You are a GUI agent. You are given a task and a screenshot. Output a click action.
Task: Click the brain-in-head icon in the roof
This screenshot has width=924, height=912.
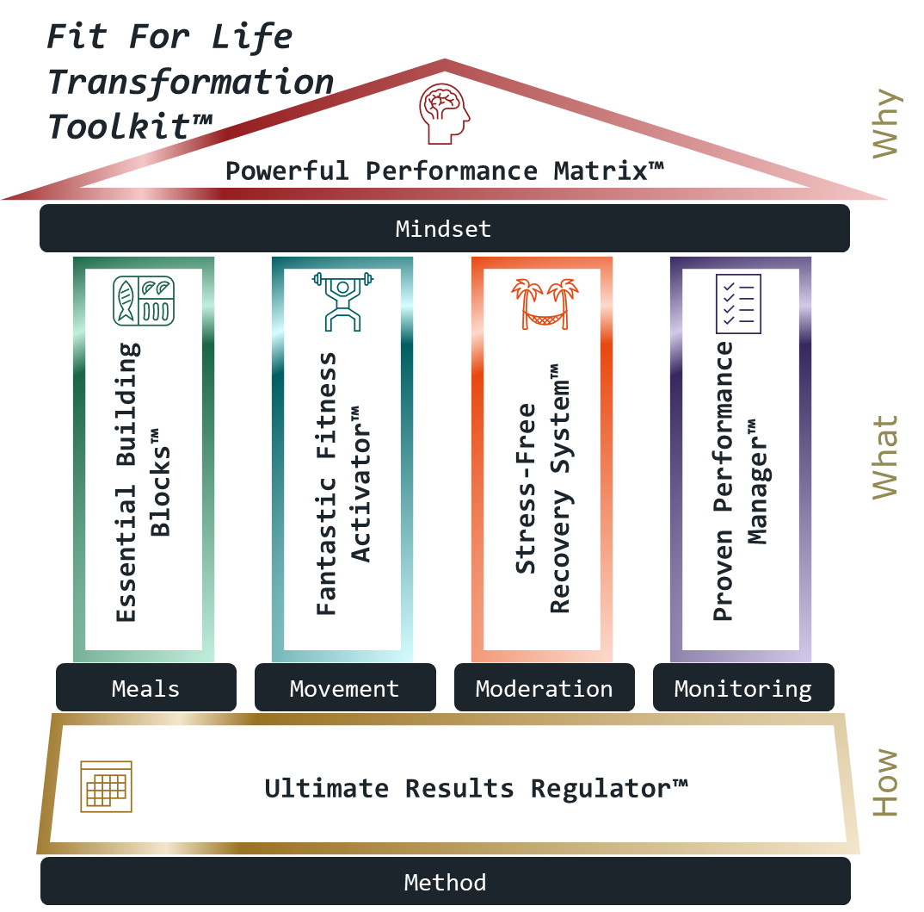(x=445, y=114)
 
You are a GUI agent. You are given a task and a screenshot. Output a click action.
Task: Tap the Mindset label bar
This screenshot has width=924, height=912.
(x=444, y=229)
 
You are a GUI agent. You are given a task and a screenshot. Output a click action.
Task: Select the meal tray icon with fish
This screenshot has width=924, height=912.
(x=144, y=301)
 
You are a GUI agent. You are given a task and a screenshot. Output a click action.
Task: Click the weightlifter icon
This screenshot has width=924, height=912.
(x=342, y=301)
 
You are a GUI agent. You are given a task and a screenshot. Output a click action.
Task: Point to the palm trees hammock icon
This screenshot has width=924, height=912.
(x=544, y=303)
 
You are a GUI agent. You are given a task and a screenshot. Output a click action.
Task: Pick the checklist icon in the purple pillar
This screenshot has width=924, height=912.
(x=739, y=303)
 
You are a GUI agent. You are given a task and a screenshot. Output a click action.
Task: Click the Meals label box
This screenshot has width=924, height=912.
(x=145, y=688)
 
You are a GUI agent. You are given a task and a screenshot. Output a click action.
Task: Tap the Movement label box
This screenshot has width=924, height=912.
(x=344, y=688)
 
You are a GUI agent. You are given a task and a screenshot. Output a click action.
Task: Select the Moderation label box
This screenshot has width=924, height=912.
(x=544, y=688)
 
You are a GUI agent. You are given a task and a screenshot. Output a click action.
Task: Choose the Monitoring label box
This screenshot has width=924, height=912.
(x=742, y=688)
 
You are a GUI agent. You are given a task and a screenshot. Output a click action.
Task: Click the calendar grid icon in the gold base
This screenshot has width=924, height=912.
(x=106, y=786)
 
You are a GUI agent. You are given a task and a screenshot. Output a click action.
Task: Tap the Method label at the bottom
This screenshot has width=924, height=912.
(x=445, y=882)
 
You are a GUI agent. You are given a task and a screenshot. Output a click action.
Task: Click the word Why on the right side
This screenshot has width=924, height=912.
(x=885, y=123)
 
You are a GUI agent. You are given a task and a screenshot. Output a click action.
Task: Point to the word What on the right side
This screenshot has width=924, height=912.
(x=885, y=457)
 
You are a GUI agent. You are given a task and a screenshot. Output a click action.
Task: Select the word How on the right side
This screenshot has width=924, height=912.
(x=885, y=783)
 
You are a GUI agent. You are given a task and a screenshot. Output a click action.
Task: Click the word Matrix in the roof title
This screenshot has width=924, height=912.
(x=607, y=171)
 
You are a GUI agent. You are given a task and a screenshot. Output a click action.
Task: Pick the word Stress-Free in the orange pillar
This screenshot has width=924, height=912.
(x=527, y=488)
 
